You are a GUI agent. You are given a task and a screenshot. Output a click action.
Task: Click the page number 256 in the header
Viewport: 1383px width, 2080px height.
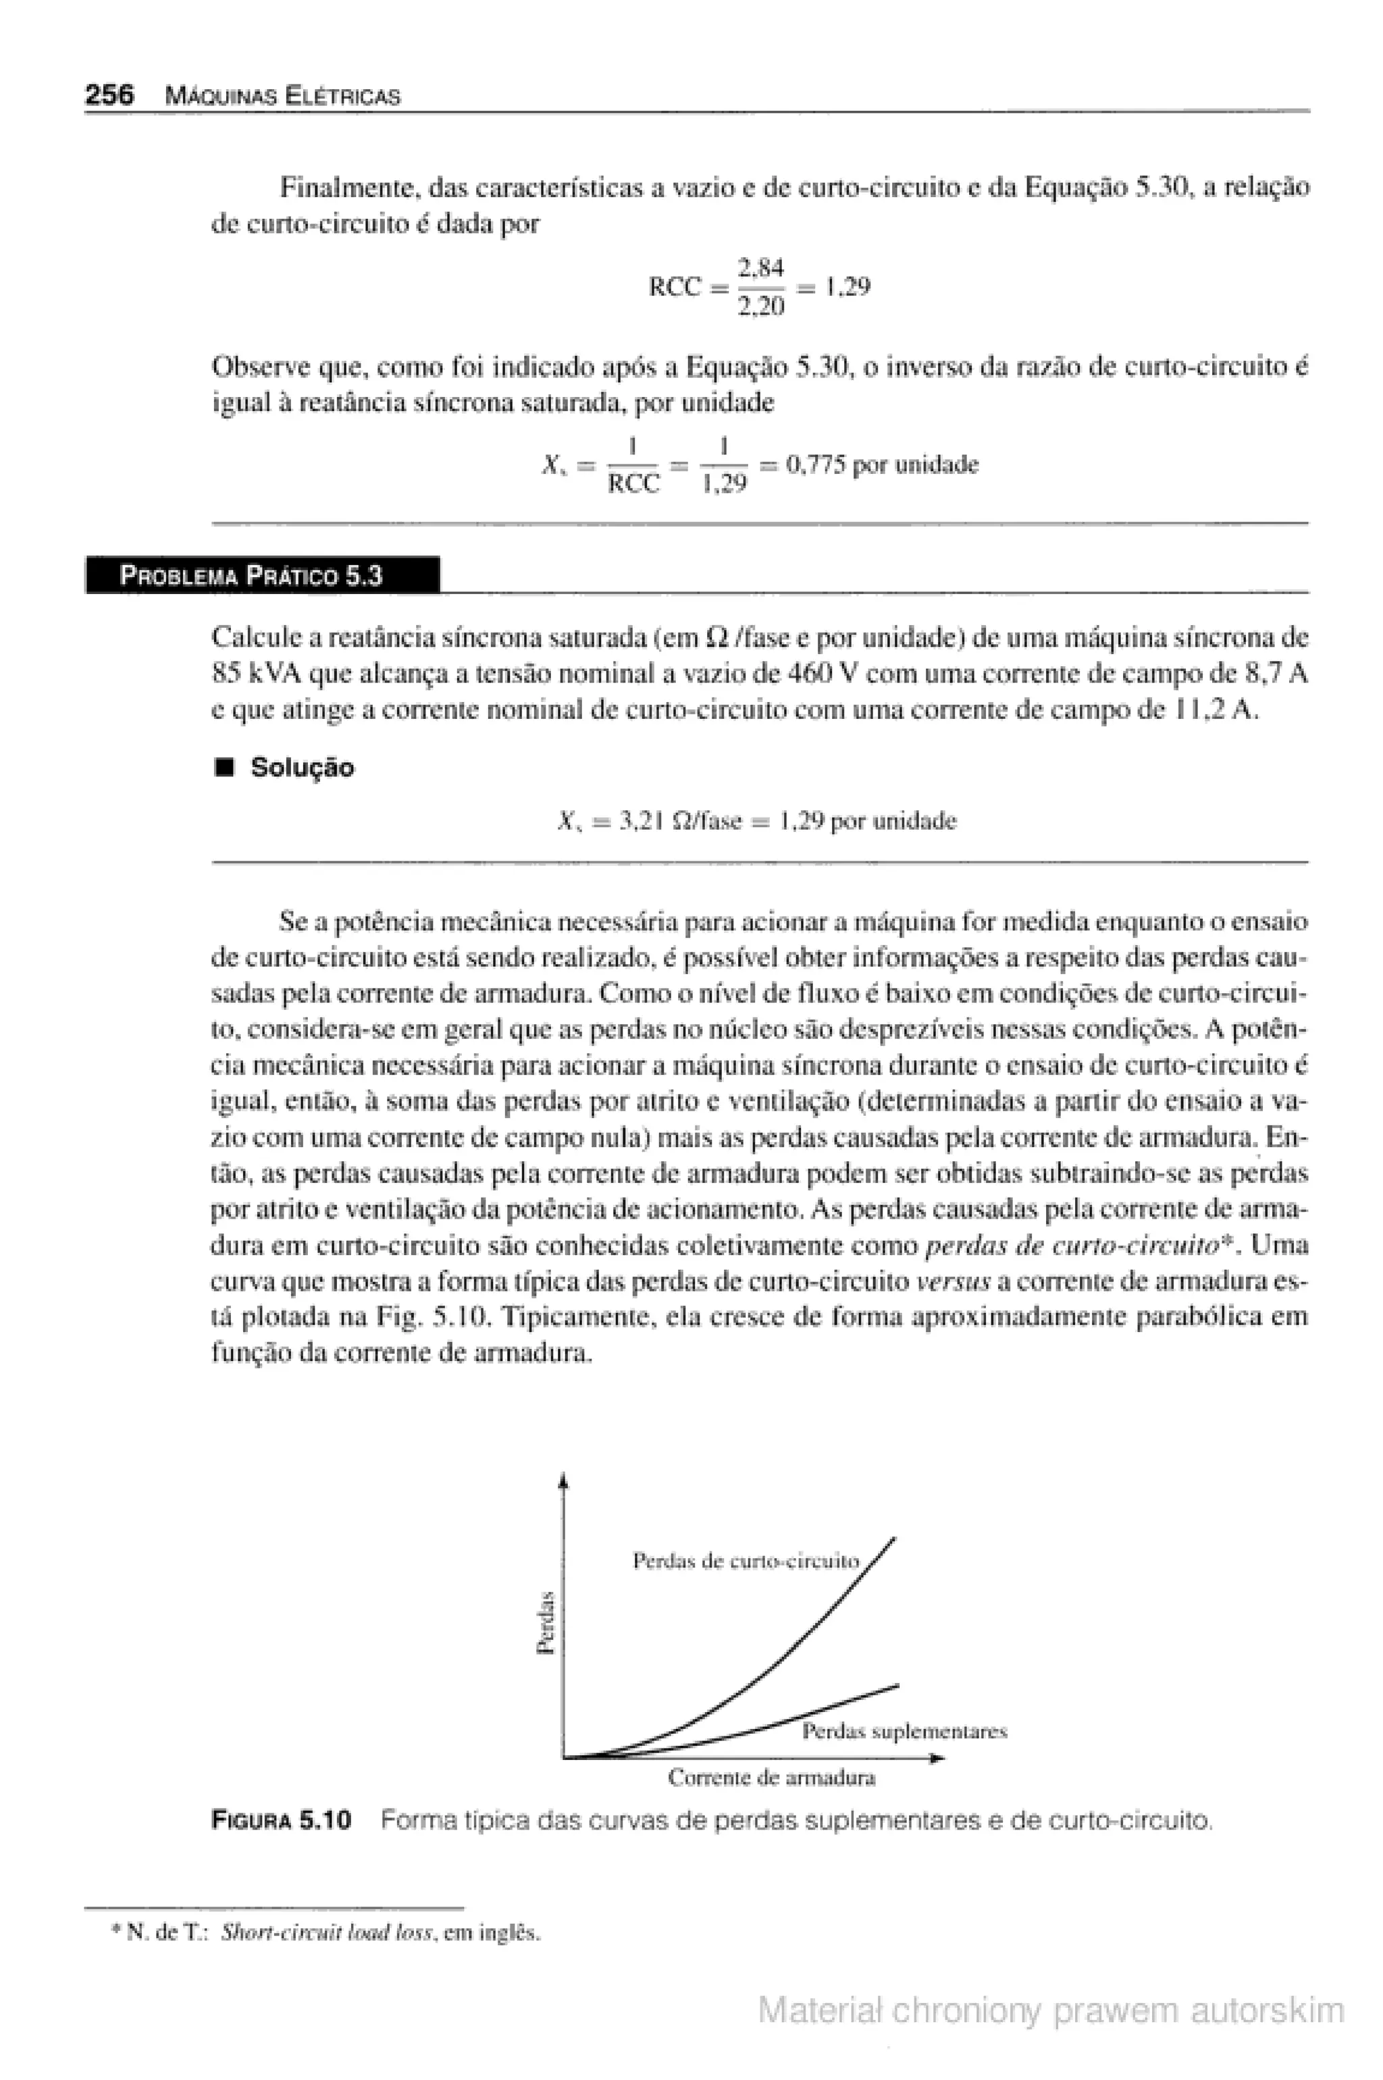click(109, 95)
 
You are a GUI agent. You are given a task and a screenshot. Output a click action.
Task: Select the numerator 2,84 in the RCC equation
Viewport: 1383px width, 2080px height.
click(761, 266)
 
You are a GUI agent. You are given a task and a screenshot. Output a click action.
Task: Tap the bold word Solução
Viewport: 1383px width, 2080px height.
click(302, 768)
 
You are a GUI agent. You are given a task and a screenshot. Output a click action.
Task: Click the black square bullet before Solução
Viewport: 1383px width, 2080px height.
click(224, 769)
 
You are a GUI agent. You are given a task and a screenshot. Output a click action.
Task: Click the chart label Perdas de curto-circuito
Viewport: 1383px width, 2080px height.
click(746, 1561)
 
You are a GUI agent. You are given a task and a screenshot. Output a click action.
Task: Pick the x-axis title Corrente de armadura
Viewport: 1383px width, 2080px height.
click(771, 1778)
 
